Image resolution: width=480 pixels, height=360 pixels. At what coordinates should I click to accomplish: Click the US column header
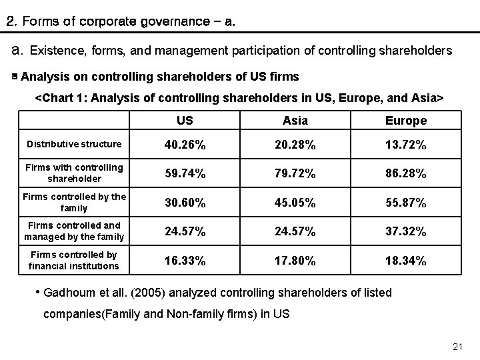pos(185,121)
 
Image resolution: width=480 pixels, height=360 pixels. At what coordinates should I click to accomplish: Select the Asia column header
pos(295,121)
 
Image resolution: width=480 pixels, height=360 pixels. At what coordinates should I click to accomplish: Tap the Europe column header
pos(405,121)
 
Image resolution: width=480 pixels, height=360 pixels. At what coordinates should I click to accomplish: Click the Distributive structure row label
pos(74,144)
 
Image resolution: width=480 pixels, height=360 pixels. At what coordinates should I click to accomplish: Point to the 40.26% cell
pos(185,145)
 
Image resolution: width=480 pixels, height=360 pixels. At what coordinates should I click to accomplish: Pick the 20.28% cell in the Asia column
pos(295,145)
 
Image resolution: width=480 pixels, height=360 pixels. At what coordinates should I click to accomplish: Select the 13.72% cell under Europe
pos(405,145)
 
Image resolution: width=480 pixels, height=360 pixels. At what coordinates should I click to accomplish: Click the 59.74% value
pos(185,174)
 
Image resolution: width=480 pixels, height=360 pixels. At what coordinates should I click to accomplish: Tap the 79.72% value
pos(295,174)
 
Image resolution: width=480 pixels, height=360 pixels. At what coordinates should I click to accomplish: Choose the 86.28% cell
pos(405,174)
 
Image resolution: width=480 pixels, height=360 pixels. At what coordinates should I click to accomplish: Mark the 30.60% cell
pos(185,203)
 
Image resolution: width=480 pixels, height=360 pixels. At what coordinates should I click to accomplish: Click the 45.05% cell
pos(295,203)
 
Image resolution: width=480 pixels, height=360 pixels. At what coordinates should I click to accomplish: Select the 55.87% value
pos(405,203)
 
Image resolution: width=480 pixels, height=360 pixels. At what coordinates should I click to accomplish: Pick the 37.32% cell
pos(405,231)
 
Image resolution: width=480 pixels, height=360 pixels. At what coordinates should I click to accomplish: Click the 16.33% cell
pos(185,261)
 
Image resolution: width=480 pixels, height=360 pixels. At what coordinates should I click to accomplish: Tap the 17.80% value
pos(295,261)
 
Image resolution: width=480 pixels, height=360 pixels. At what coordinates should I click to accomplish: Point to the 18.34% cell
pos(405,261)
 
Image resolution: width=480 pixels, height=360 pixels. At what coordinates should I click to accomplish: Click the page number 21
pos(457,347)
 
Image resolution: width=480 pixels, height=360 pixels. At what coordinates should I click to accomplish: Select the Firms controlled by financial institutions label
pos(74,261)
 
